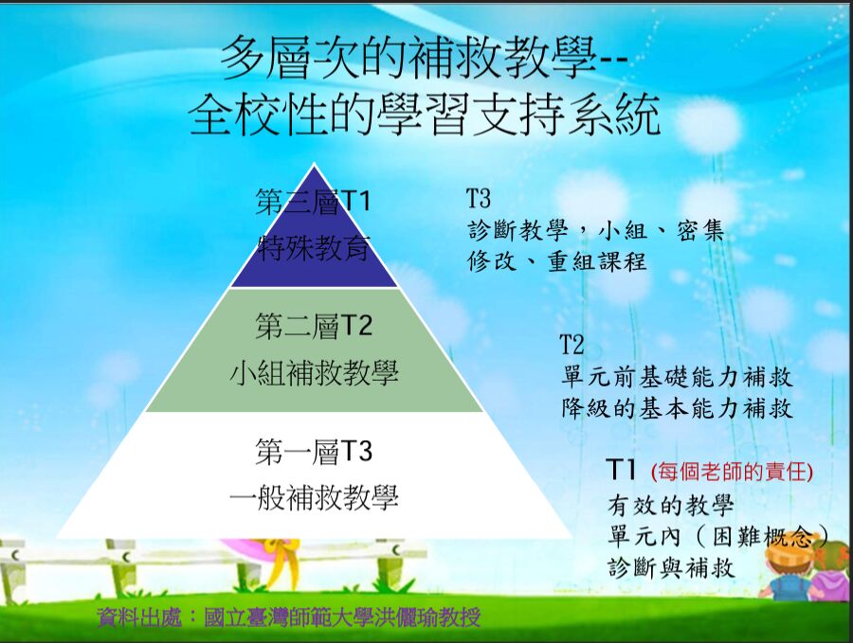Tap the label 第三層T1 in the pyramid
[314, 202]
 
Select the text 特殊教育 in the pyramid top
[314, 247]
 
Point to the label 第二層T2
[314, 327]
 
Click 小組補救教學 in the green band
[314, 372]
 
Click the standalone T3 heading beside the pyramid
[479, 199]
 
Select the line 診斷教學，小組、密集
[596, 230]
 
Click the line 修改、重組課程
[557, 261]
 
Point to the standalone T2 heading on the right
[572, 344]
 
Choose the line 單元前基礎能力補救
[677, 377]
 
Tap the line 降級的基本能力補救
[677, 409]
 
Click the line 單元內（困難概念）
[717, 536]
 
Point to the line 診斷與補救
[670, 568]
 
